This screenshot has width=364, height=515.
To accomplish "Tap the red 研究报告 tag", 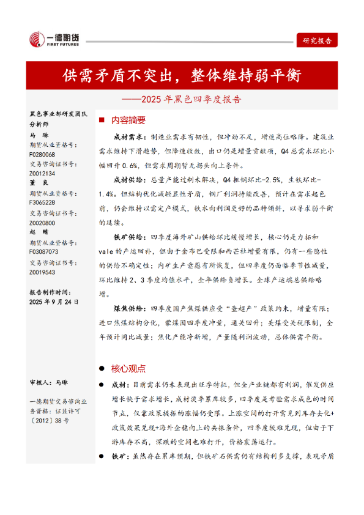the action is click(x=317, y=41).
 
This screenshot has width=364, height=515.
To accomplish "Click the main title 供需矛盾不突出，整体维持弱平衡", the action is click(x=182, y=76).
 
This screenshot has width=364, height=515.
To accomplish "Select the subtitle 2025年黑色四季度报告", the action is click(x=182, y=98).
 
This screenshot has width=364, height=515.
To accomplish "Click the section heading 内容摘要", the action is click(x=128, y=120).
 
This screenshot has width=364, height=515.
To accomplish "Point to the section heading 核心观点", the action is click(x=128, y=368).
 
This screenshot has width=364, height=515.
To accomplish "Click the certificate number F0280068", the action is click(x=42, y=155).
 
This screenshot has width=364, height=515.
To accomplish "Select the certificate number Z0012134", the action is click(x=42, y=174).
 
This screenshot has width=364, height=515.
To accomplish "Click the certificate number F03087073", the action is click(x=44, y=251).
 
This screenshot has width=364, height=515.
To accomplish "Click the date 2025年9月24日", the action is click(x=54, y=302).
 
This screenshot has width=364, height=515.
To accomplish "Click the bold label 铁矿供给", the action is click(x=128, y=236).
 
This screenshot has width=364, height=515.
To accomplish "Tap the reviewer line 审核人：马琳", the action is click(x=49, y=382).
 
